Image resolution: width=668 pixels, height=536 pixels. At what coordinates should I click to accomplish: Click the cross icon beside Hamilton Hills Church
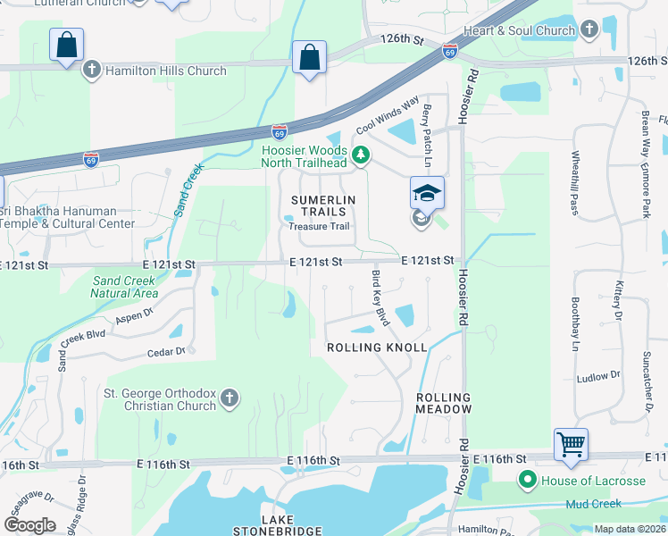coord(91,71)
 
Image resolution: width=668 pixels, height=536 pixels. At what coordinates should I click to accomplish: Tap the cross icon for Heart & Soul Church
coord(589,30)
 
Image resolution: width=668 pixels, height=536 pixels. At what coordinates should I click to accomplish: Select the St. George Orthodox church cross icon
coord(230,398)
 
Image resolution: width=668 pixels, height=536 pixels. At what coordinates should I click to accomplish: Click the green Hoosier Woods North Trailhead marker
coord(361,156)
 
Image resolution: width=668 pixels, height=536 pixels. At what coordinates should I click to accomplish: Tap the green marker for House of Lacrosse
coord(527,481)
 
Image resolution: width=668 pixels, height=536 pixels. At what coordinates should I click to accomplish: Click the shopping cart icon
coord(571,443)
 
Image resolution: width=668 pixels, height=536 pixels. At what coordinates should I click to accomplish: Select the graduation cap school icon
coord(427,192)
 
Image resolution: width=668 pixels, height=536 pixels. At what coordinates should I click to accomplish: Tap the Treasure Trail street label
coord(319,226)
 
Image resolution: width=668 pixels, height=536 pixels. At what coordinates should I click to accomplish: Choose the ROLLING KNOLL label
coord(377,347)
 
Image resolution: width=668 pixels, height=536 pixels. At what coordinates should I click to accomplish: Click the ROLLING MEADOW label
coord(443,403)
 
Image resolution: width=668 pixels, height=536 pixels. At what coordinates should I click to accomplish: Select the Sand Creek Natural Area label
coord(125,287)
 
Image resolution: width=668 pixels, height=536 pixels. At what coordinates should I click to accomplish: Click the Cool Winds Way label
coord(388,116)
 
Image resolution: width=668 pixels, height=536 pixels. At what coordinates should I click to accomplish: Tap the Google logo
coord(29,525)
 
